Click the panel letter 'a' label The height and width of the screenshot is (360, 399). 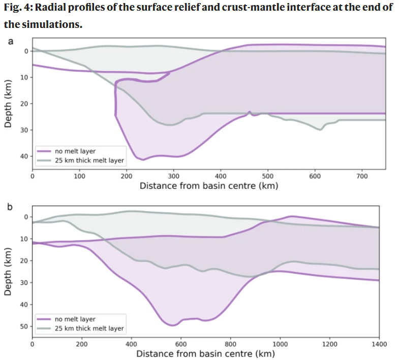pyautogui.click(x=10, y=41)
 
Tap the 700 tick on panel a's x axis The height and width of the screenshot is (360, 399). pyautogui.click(x=361, y=176)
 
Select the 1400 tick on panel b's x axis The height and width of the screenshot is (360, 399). pyautogui.click(x=379, y=344)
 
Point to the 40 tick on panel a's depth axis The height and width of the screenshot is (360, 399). pyautogui.click(x=24, y=156)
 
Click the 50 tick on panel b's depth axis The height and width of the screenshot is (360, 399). pyautogui.click(x=24, y=326)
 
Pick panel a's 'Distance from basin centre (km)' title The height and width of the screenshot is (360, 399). pyautogui.click(x=208, y=186)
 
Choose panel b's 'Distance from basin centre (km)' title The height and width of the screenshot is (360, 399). pyautogui.click(x=205, y=353)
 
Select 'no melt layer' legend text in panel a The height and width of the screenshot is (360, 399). pyautogui.click(x=75, y=151)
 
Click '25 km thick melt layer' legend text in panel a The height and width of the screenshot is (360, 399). pyautogui.click(x=89, y=160)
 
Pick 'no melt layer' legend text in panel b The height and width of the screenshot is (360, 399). pyautogui.click(x=75, y=319)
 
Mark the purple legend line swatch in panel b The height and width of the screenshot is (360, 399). pyautogui.click(x=43, y=319)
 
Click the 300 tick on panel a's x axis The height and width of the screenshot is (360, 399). pyautogui.click(x=173, y=176)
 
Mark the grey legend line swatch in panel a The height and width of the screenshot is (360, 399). pyautogui.click(x=43, y=160)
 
